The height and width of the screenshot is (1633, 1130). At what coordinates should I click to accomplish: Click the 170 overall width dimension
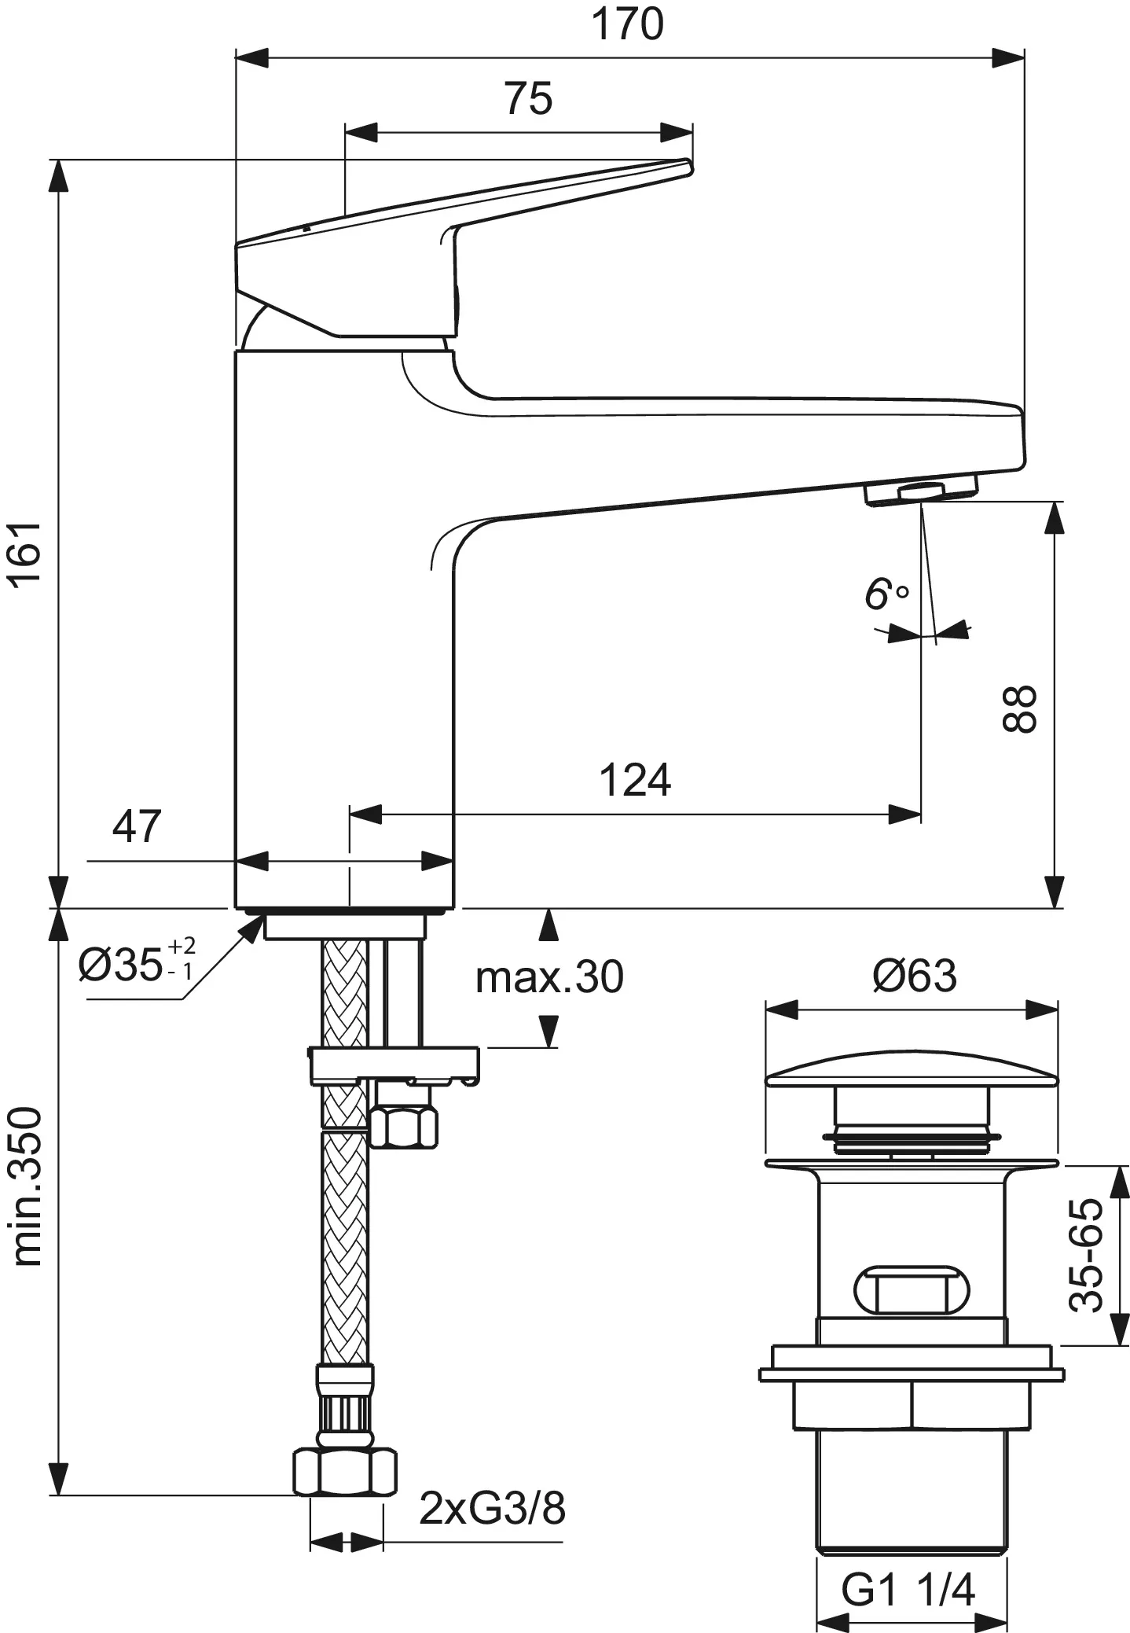click(627, 24)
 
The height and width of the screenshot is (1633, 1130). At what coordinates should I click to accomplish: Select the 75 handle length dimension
click(529, 99)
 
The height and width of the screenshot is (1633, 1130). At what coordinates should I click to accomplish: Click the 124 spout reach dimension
click(635, 780)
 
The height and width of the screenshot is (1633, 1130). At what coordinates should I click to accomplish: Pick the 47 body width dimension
click(137, 826)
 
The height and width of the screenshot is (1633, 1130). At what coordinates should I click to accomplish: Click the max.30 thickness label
click(549, 977)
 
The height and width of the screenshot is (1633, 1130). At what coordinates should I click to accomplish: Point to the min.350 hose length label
click(28, 1186)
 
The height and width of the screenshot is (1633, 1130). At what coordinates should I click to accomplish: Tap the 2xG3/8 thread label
click(492, 1509)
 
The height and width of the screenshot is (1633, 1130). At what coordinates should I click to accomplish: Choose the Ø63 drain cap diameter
click(915, 976)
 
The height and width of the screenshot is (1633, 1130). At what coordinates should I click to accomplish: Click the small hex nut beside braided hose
click(404, 1127)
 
